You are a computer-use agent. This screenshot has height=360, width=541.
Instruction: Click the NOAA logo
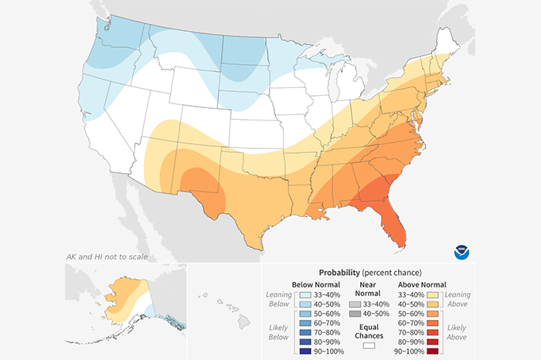(461, 252)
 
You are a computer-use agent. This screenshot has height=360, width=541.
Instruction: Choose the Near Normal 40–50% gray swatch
(354, 305)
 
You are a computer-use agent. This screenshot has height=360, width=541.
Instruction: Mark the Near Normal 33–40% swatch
(354, 294)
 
